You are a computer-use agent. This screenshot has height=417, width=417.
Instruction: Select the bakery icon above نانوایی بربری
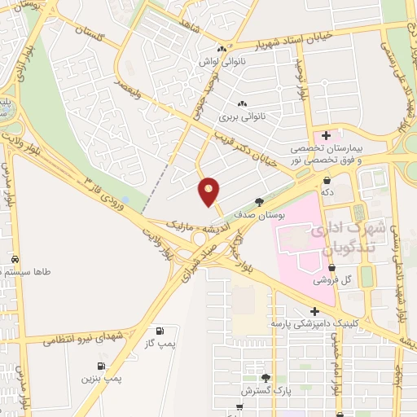pyautogui.click(x=241, y=104)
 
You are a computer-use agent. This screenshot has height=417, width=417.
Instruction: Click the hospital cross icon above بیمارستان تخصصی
pyautogui.click(x=326, y=135)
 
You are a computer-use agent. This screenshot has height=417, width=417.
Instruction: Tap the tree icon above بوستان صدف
pyautogui.click(x=259, y=201)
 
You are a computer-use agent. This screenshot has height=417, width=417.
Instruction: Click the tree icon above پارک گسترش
pyautogui.click(x=266, y=378)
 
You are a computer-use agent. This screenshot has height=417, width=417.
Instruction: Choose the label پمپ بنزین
pyautogui.click(x=101, y=379)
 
